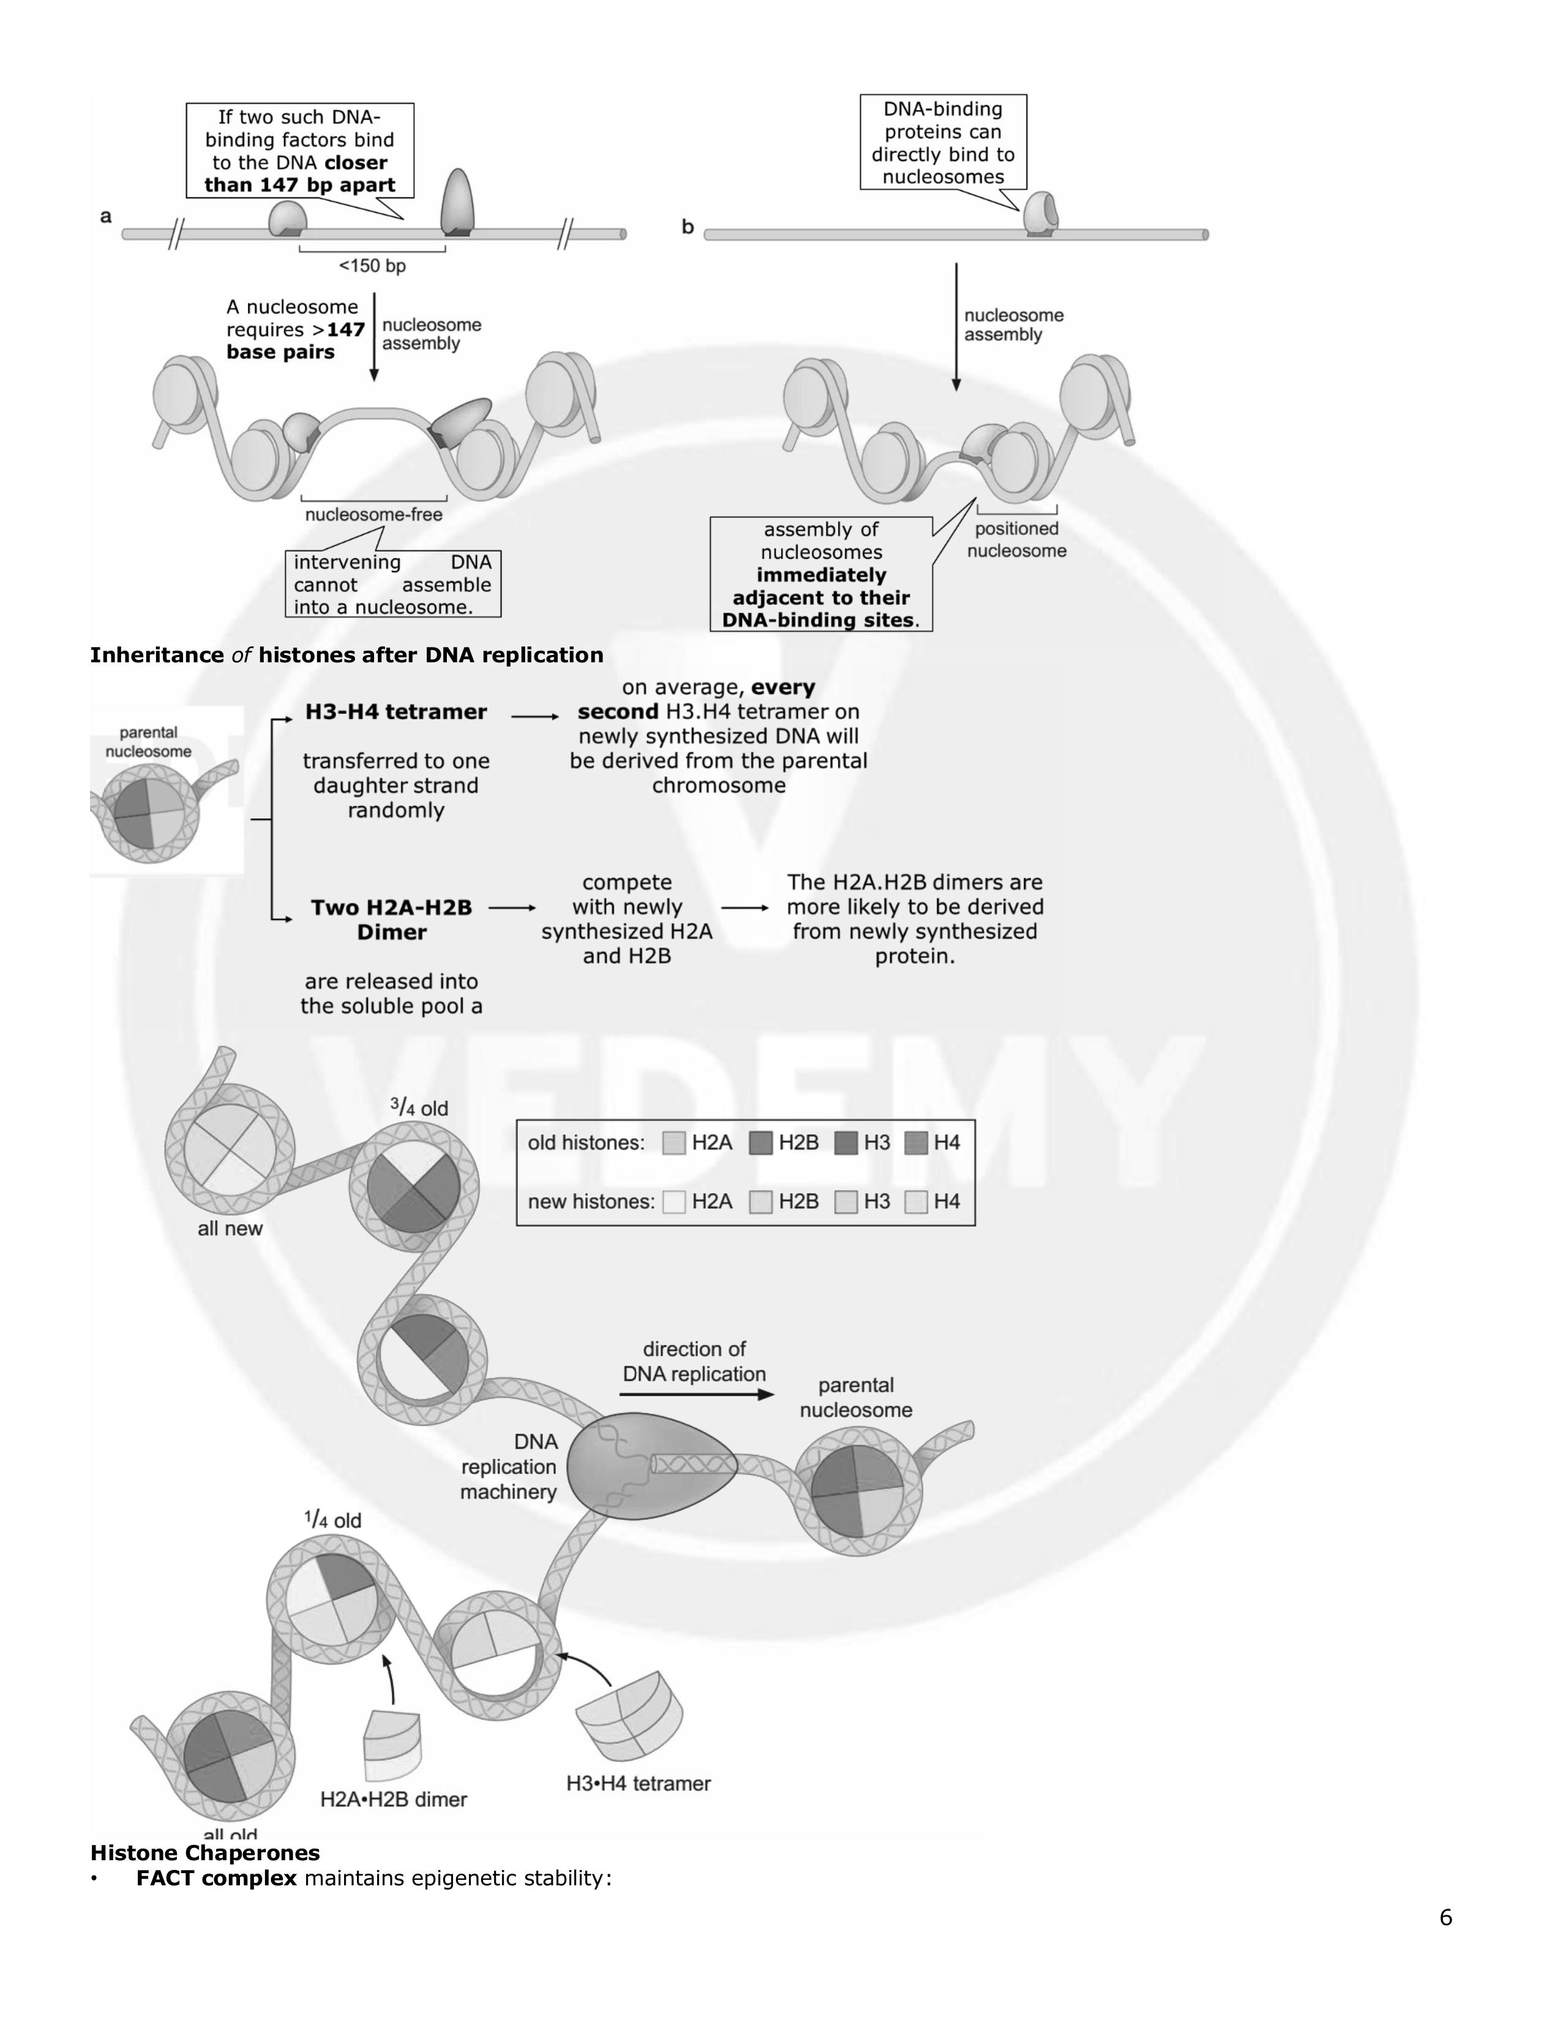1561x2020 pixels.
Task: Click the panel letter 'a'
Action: [107, 217]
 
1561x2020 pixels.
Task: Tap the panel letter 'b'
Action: [687, 226]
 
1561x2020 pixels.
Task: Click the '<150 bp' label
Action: [372, 266]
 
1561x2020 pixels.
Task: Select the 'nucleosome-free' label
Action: [373, 514]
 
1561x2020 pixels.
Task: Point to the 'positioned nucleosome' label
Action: [1016, 540]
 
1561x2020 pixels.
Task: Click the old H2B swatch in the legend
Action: [760, 1143]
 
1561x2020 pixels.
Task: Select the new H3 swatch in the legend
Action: [845, 1202]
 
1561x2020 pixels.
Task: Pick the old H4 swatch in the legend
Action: [916, 1143]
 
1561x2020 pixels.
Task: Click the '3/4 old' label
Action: [418, 1107]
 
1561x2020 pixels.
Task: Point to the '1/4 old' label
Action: [333, 1520]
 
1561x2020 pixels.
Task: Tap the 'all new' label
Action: [230, 1229]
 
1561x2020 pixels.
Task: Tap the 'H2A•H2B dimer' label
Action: [394, 1800]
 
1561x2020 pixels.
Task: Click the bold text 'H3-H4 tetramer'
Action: [396, 712]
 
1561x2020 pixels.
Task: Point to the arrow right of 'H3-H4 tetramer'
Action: [536, 717]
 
